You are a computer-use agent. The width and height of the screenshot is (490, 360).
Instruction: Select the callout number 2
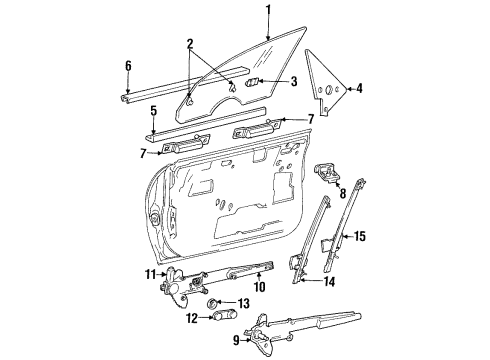[189, 45]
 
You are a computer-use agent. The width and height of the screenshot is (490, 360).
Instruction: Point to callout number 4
[359, 87]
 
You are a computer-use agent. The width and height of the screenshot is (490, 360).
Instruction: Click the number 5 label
[153, 110]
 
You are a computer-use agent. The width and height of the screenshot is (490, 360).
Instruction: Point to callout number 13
[244, 303]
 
